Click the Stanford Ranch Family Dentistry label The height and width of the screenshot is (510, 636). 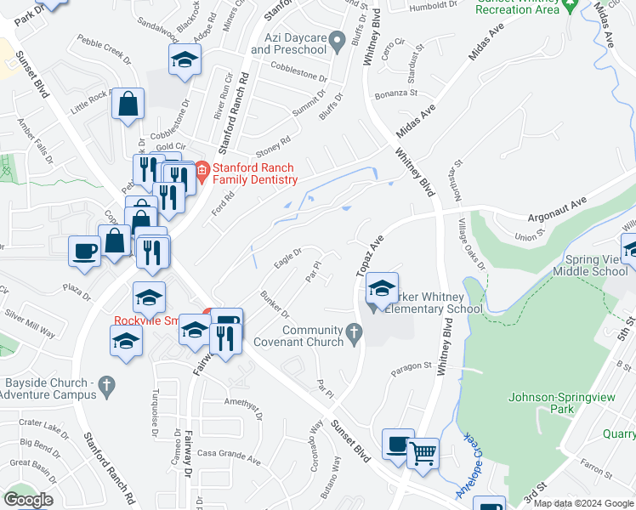click(254, 173)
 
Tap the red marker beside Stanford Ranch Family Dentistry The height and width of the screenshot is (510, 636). click(202, 172)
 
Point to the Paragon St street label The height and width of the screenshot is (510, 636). click(412, 369)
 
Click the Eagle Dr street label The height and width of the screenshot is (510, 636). click(288, 255)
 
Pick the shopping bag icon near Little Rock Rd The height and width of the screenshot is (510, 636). click(128, 105)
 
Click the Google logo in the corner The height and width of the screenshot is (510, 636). click(28, 500)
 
